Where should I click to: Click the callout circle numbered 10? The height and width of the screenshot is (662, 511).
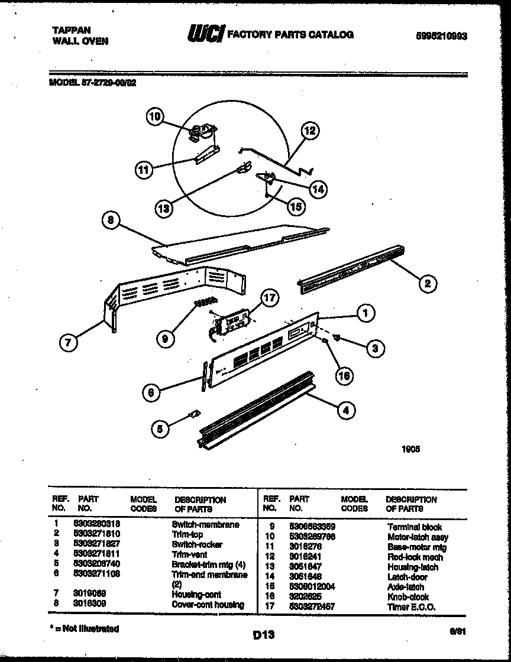155,117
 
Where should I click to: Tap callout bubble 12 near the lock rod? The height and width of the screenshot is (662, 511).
310,131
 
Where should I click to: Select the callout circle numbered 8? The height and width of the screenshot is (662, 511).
111,221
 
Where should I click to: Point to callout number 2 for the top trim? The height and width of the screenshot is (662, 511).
426,283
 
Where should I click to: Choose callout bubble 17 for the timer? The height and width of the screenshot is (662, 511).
269,299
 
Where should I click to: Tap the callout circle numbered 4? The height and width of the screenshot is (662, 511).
346,411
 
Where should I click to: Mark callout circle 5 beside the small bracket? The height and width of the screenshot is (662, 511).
159,430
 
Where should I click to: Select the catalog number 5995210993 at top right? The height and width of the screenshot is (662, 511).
441,35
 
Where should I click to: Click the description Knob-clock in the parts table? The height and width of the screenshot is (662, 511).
408,597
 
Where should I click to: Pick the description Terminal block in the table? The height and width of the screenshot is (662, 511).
415,527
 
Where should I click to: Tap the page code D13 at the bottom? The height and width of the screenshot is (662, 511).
264,635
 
